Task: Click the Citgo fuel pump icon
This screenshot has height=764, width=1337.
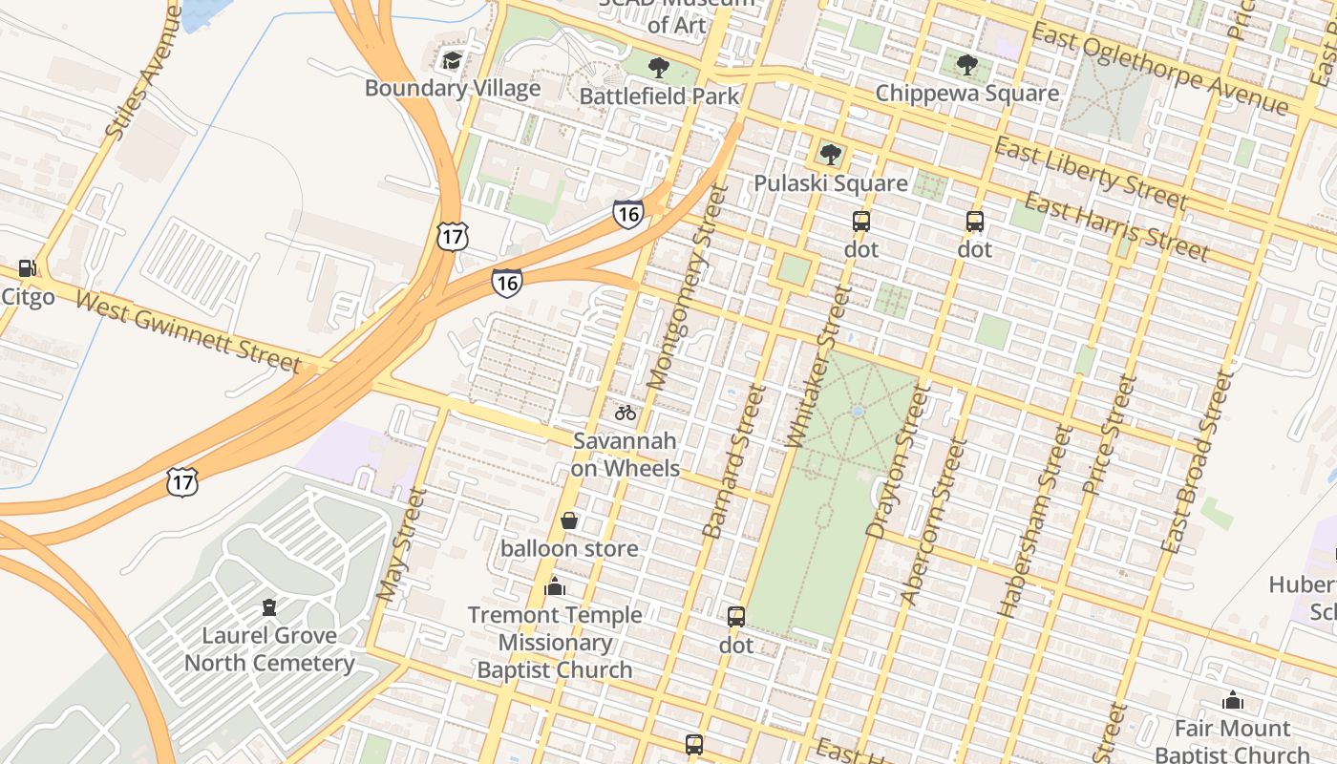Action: [x=27, y=269]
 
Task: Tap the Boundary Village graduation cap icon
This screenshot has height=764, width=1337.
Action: [x=451, y=61]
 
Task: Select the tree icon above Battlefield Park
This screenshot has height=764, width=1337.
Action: [x=658, y=68]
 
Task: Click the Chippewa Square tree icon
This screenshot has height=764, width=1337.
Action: [x=966, y=66]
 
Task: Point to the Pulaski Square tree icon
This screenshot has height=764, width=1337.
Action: [x=830, y=155]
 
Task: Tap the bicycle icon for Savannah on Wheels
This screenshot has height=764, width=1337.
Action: [x=626, y=413]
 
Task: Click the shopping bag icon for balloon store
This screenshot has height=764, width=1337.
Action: [x=569, y=520]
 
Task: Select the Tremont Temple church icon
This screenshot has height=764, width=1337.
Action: [x=555, y=586]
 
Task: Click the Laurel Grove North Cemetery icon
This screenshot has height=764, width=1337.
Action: [x=269, y=606]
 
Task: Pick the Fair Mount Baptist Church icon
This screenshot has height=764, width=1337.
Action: [x=1232, y=700]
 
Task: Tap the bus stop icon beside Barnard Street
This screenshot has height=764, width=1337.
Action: [x=735, y=617]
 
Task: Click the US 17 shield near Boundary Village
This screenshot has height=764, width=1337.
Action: [x=453, y=236]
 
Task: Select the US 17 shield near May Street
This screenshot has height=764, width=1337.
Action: [x=182, y=480]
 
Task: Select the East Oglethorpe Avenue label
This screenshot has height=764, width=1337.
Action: [x=1160, y=69]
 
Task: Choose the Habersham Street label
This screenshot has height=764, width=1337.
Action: [x=1034, y=521]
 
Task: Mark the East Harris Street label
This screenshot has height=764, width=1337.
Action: [x=1116, y=226]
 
